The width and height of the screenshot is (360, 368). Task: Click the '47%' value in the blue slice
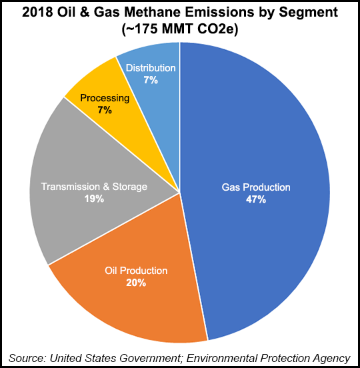(x=256, y=199)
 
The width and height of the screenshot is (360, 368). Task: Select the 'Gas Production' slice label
(x=256, y=187)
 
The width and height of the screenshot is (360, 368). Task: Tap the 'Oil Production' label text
(x=136, y=271)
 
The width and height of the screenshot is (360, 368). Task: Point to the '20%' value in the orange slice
(x=136, y=283)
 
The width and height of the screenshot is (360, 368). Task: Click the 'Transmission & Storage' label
(x=94, y=187)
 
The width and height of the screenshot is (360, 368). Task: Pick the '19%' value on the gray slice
(x=94, y=199)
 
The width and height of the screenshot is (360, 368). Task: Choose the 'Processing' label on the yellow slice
(x=105, y=98)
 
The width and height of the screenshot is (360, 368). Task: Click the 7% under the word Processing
(x=105, y=110)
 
